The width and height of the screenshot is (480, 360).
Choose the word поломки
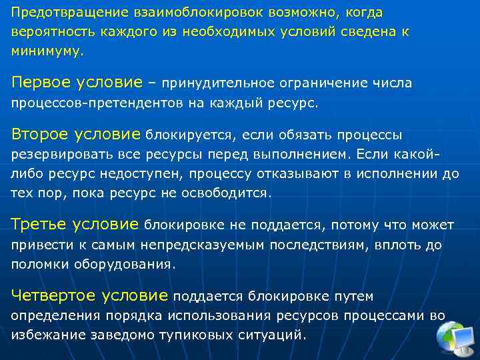pyautogui.click(x=37, y=263)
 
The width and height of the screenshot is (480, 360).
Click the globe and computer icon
pyautogui.click(x=455, y=337)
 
